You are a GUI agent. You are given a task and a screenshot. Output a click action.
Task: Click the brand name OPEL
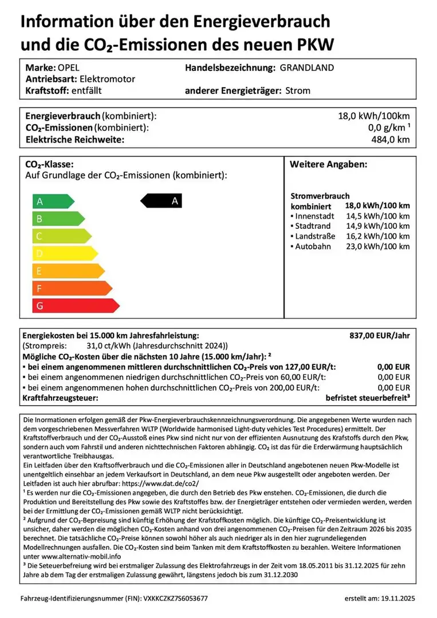(70, 68)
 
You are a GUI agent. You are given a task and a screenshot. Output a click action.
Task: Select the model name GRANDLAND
(306, 68)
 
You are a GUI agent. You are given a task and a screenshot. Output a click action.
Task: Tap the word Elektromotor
(107, 79)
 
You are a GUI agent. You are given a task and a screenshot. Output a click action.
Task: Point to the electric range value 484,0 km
(391, 139)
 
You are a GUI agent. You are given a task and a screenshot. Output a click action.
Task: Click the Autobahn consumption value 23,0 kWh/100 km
(377, 247)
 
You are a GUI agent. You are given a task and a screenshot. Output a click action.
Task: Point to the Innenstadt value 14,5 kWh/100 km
(377, 216)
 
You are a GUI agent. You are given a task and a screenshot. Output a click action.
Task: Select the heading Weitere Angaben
(328, 165)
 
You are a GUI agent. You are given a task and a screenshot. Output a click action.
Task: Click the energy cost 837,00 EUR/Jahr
(380, 336)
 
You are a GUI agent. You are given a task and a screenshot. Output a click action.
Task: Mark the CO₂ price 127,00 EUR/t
(308, 366)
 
